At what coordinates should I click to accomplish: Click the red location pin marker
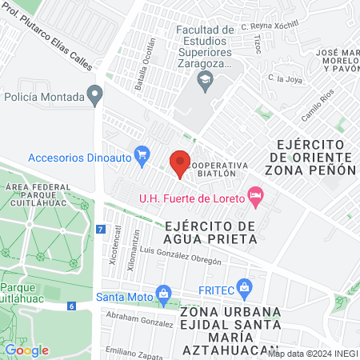(x=180, y=163)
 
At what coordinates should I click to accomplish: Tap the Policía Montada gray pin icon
(x=95, y=96)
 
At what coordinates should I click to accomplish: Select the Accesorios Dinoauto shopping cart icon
(x=142, y=154)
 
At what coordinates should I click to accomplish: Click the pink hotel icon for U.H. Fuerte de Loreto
(x=255, y=195)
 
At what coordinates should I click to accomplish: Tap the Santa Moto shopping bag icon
(x=164, y=294)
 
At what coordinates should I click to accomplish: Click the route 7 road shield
(x=100, y=229)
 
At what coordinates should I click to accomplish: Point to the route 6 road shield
(x=71, y=306)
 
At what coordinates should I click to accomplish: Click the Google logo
(x=26, y=350)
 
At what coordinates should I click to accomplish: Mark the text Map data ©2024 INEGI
(x=312, y=353)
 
